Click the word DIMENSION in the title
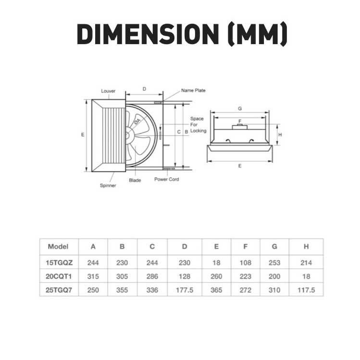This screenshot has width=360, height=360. point(148,34)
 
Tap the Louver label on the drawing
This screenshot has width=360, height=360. point(108,91)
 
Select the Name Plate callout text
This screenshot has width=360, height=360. point(193,90)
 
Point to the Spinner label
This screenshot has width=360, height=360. point(108,186)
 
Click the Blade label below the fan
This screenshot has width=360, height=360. point(135,180)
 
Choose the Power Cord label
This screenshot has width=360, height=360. point(167,179)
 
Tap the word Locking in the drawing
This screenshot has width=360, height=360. point(199,131)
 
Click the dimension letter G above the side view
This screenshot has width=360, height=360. point(240,108)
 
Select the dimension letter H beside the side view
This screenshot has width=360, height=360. point(280,135)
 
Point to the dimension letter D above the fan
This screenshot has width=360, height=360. point(144,89)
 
